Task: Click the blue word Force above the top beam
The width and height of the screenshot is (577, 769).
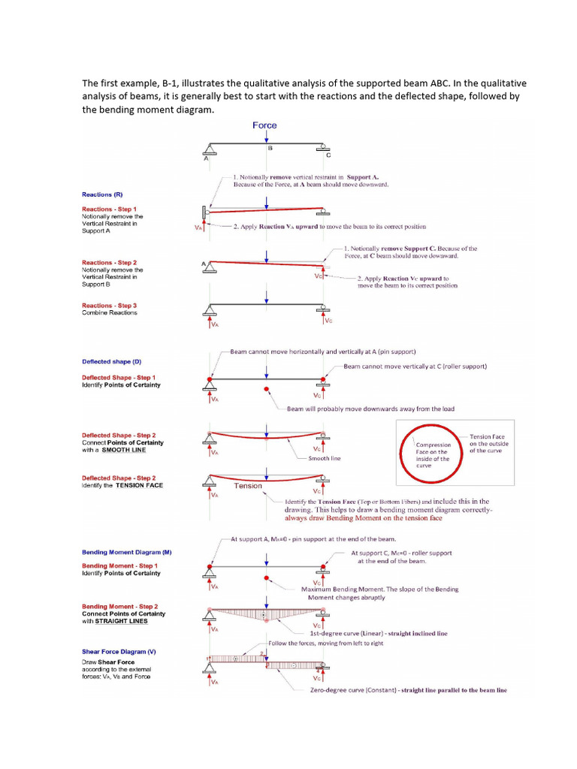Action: coord(264,125)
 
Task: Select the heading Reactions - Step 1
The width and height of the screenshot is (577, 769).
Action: coord(109,209)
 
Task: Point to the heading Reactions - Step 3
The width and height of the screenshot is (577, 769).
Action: coord(109,306)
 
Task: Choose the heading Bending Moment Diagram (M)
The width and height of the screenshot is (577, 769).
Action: coord(126,553)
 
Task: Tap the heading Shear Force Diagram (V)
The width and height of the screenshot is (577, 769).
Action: coord(119,652)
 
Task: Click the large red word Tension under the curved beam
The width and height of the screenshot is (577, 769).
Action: coord(248,486)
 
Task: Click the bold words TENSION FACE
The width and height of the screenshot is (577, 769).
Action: coord(139,485)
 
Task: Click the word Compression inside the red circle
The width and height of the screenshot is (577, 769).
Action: coord(434,445)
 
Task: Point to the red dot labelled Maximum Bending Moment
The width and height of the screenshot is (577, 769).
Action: coord(266,578)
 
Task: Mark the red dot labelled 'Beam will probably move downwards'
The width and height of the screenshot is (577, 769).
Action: coord(266,389)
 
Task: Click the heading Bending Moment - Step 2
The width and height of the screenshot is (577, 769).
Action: coord(119,606)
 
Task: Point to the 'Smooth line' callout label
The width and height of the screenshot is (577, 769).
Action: coord(325,457)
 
